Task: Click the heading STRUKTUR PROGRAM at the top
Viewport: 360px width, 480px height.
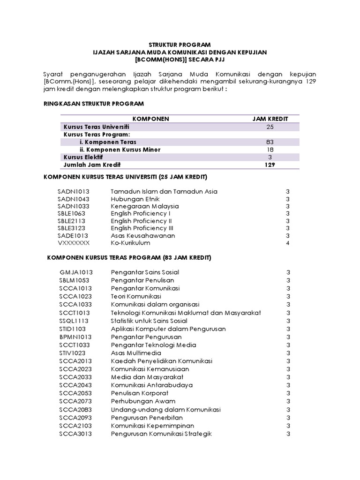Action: point(180,45)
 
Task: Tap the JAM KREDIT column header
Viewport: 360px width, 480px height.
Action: point(270,119)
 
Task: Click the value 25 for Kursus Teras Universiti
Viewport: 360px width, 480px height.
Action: point(270,127)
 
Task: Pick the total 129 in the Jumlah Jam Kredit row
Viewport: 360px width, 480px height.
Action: point(270,165)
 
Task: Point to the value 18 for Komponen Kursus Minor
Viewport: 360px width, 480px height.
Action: point(270,150)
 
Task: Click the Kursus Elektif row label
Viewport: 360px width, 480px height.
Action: point(83,157)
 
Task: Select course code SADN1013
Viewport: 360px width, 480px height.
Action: point(73,191)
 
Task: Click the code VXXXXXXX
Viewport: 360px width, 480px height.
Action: point(73,243)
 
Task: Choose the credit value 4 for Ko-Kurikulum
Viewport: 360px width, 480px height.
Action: point(288,243)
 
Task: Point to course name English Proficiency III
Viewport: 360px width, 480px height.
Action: point(143,228)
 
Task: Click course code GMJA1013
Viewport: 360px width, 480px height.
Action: point(76,272)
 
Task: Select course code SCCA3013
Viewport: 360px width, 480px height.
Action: point(75,434)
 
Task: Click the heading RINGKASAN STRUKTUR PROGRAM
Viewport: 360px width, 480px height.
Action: point(93,103)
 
